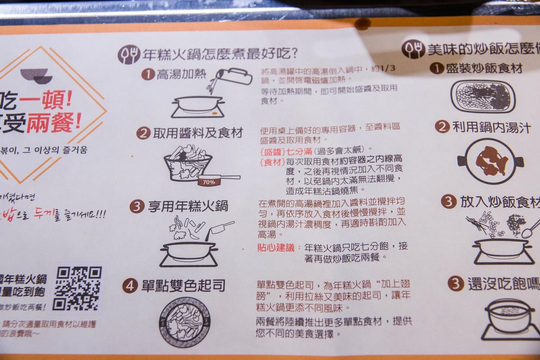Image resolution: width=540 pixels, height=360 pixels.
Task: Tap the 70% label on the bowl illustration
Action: pos(208,182)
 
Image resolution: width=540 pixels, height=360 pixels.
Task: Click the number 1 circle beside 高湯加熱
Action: pos(147,74)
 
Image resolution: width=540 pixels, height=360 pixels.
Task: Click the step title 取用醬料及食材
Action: pos(198,133)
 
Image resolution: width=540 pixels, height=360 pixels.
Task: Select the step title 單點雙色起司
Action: pos(183,286)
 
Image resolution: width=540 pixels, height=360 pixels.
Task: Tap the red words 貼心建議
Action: pos(275,247)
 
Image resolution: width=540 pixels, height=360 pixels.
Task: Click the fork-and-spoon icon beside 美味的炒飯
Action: pos(413,49)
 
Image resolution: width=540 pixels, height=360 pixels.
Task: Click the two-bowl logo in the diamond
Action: pos(36,76)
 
